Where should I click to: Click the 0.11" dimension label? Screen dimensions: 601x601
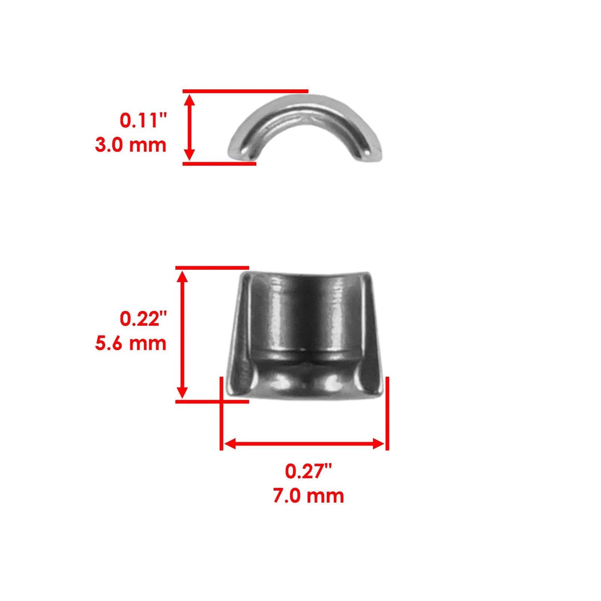click(143, 121)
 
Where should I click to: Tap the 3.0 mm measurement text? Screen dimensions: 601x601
click(131, 145)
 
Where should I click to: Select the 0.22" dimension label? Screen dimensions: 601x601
click(143, 319)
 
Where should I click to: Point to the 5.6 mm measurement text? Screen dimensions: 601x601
click(131, 343)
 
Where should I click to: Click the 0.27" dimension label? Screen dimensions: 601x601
click(308, 471)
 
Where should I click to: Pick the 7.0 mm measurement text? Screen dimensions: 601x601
click(308, 496)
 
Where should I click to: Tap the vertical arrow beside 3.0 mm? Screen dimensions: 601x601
click(190, 127)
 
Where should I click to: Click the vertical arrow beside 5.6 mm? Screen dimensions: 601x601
click(182, 334)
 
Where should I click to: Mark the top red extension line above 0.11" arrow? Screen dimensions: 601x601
click(245, 91)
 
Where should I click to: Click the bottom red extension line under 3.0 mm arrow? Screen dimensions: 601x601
click(219, 163)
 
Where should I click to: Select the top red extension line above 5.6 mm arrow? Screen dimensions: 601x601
click(212, 267)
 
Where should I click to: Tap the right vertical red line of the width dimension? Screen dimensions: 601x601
click(387, 413)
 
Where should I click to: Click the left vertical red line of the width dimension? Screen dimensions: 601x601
click(221, 413)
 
